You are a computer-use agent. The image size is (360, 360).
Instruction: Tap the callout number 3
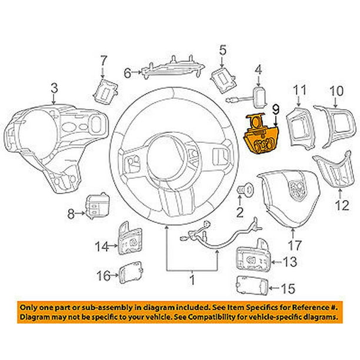[54, 89]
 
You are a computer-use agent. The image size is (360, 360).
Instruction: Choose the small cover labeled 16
[130, 274]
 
